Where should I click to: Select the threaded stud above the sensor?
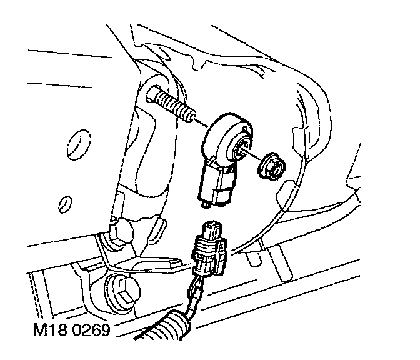tap(171, 103)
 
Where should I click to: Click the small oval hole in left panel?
tap(63, 203)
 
